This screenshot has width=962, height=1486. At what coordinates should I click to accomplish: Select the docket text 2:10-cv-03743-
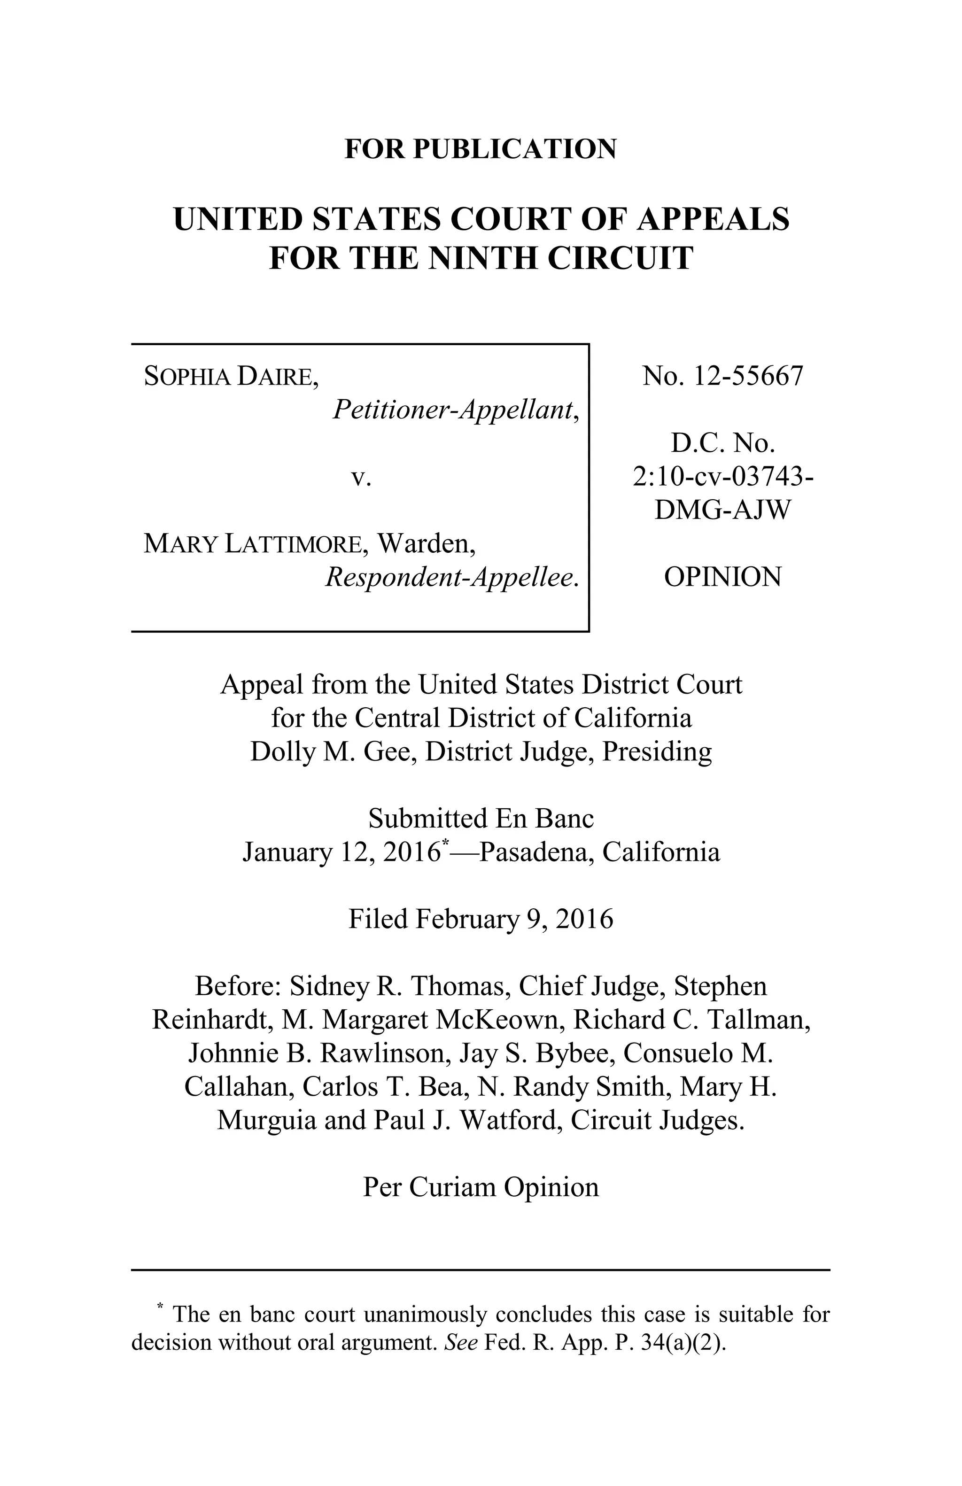coord(722,477)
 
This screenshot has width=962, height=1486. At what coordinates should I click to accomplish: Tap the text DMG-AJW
coord(722,510)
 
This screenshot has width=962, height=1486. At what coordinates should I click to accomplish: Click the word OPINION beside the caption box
coord(722,577)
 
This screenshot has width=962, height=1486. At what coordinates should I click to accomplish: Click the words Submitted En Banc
coord(481,818)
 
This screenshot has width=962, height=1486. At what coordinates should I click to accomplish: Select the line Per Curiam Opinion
coord(481,1187)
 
